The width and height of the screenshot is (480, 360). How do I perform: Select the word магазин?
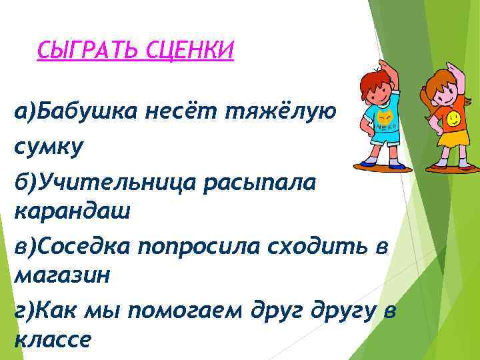pyautogui.click(x=60, y=275)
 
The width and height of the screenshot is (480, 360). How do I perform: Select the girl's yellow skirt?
pyautogui.click(x=453, y=139)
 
